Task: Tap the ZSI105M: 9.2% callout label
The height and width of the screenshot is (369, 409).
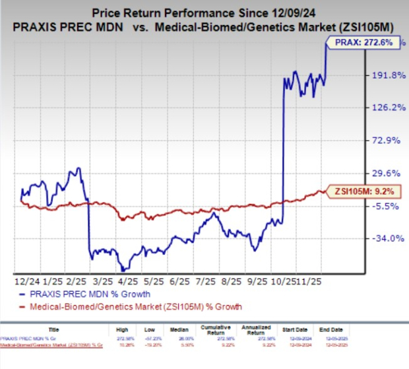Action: click(x=357, y=191)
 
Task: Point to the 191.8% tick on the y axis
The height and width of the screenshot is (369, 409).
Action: click(x=388, y=75)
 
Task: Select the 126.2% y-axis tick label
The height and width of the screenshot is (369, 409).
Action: click(x=388, y=108)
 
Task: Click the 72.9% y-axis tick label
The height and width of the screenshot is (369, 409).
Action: click(x=389, y=141)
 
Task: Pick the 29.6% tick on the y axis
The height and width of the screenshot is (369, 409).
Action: click(x=389, y=173)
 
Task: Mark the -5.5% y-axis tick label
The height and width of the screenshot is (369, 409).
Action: click(x=389, y=205)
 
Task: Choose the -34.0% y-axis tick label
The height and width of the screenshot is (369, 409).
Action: click(x=387, y=238)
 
